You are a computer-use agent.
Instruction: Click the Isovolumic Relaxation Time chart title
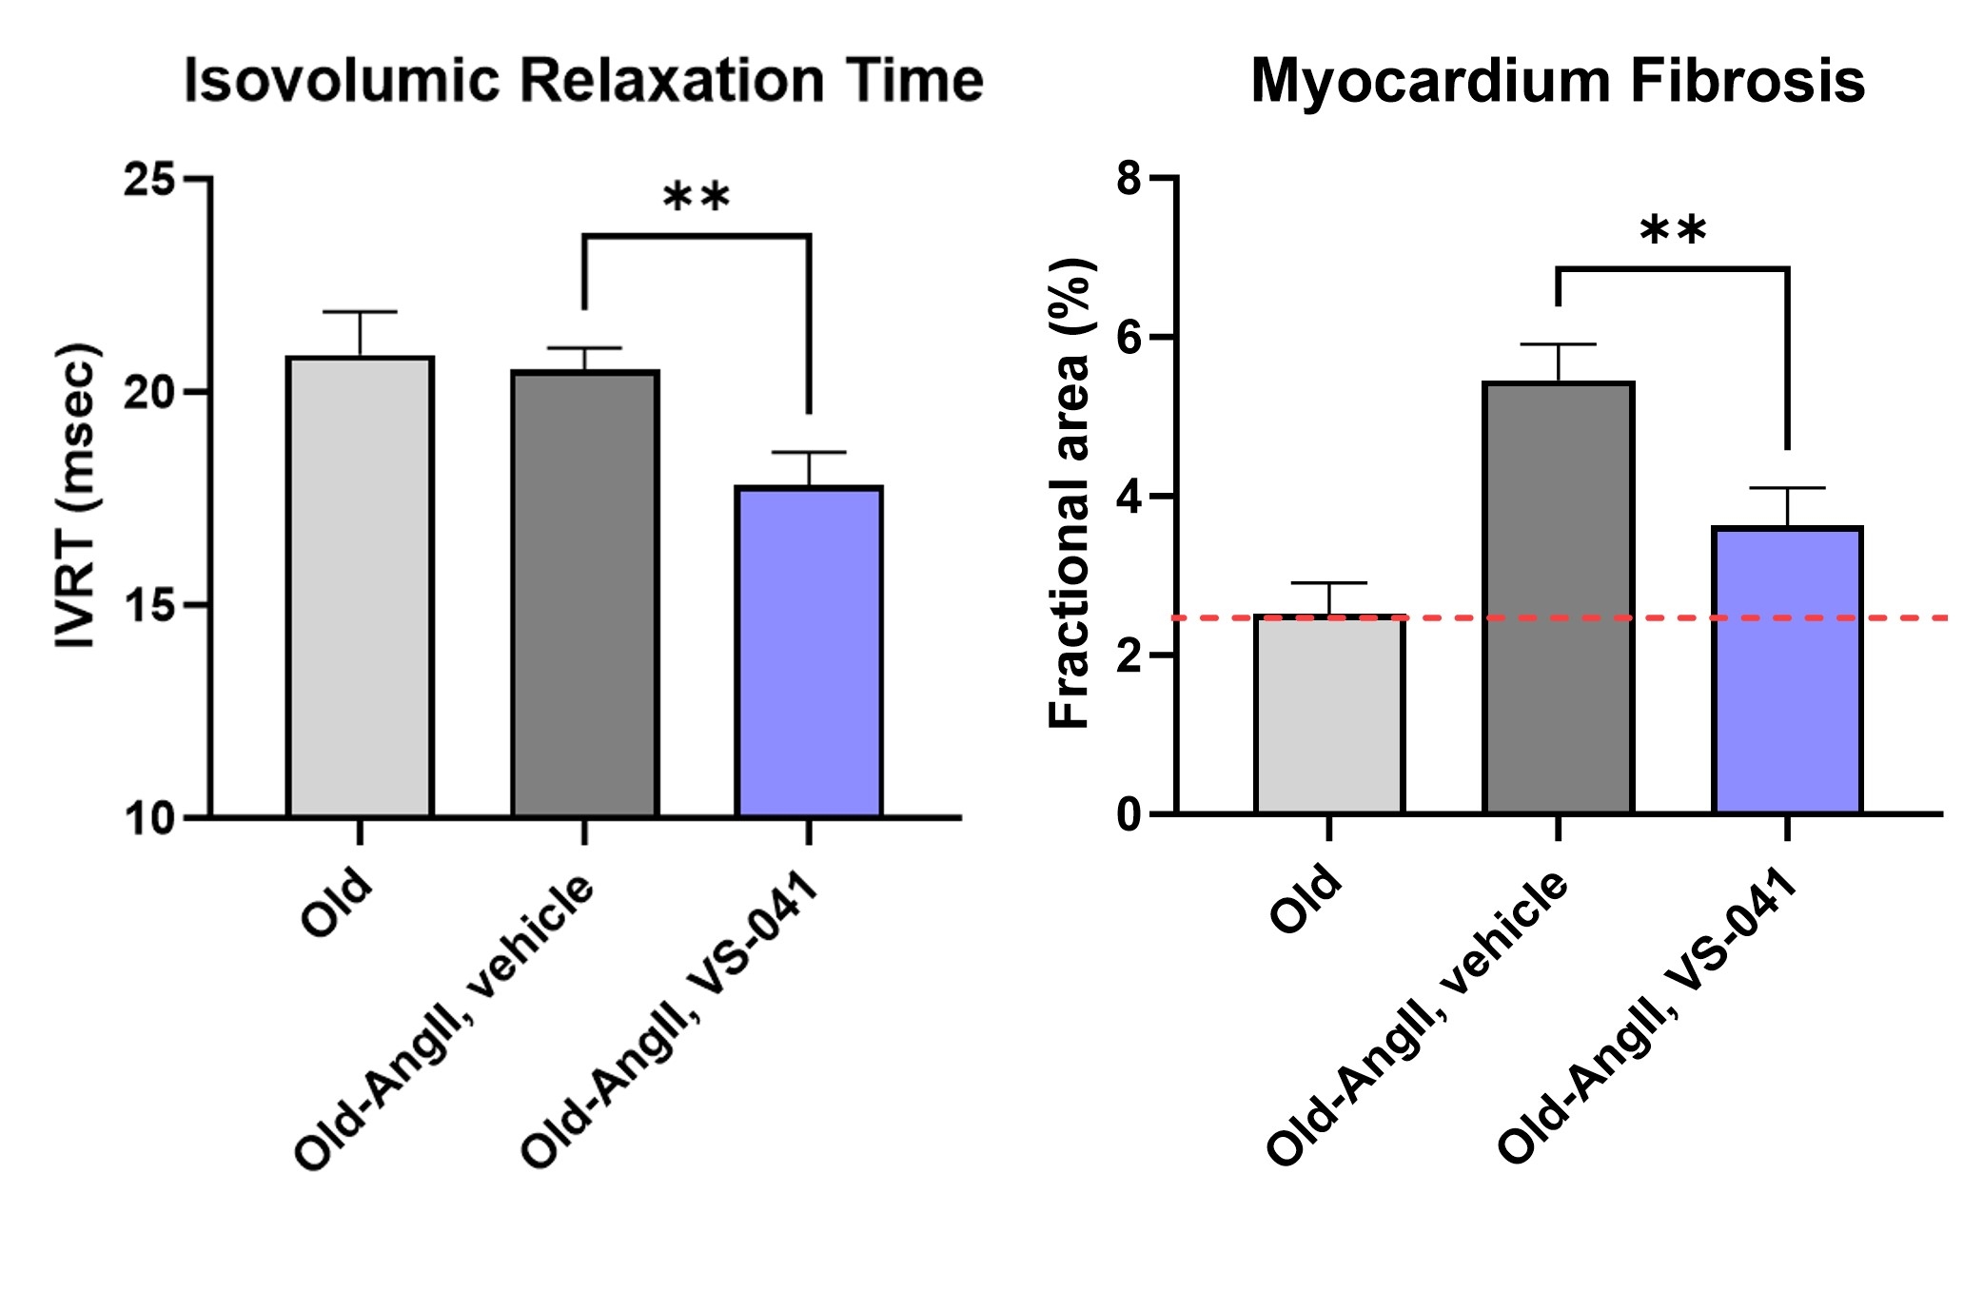(583, 81)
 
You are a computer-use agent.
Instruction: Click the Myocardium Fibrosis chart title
(1557, 81)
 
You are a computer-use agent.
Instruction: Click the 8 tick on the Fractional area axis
(1131, 178)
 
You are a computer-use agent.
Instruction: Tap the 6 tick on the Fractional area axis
(1131, 338)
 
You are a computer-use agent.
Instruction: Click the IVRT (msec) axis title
(76, 496)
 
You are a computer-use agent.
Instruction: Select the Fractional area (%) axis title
(1070, 495)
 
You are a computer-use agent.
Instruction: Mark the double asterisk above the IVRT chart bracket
(696, 198)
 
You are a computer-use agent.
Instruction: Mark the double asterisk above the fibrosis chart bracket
(1673, 230)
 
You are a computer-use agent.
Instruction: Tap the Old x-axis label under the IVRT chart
(337, 901)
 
